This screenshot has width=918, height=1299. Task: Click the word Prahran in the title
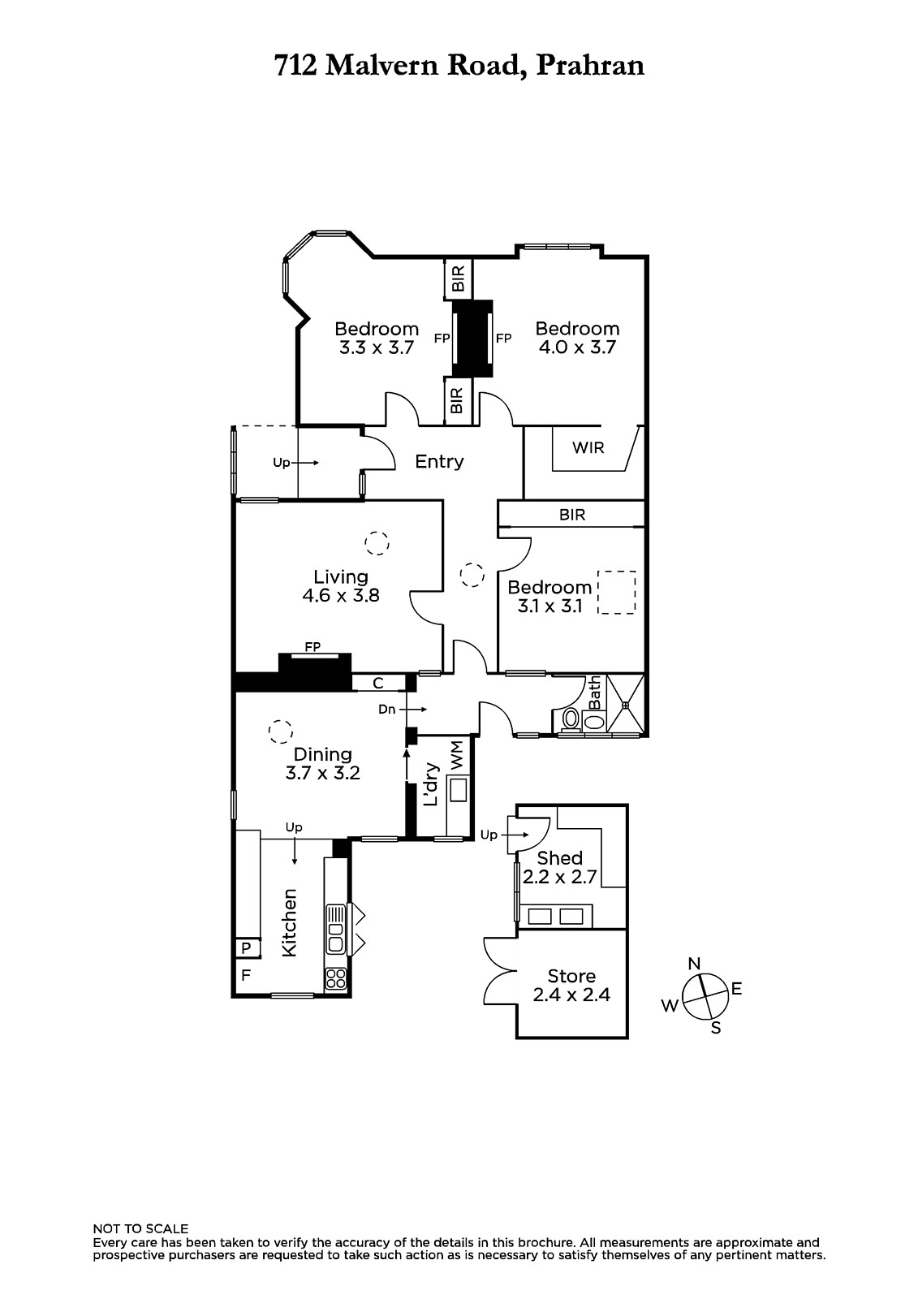coord(590,66)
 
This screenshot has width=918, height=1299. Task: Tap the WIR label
coord(588,447)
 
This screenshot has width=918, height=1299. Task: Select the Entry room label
coord(440,462)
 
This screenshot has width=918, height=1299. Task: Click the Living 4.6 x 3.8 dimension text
coord(341,596)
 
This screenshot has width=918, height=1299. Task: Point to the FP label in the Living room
coord(312,646)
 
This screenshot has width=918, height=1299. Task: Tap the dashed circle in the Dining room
coord(281,731)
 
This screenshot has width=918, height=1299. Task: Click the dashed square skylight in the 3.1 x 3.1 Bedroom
coord(616,592)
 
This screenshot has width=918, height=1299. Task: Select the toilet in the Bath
coord(571,719)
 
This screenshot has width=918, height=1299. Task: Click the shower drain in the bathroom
coord(626,706)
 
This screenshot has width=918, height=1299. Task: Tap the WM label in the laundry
coord(458,756)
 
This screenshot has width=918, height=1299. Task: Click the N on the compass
coord(694,964)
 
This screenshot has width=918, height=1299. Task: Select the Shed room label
coord(559,857)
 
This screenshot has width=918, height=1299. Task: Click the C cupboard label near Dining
coord(378,683)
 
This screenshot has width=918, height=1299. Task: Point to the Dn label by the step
coord(387,710)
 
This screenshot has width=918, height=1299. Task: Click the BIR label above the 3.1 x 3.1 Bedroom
coord(572,515)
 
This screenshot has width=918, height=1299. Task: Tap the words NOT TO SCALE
coord(140,1228)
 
